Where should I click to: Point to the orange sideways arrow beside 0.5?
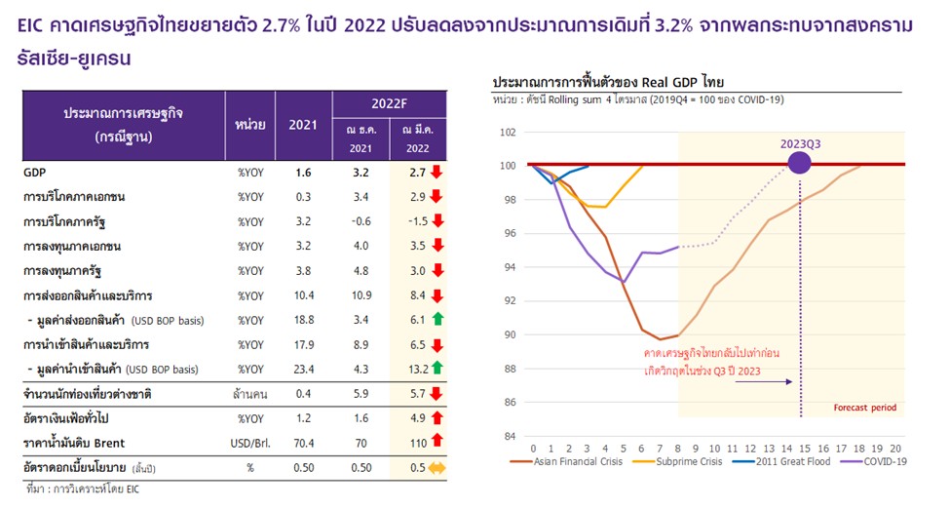tap(437, 467)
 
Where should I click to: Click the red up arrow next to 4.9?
tap(437, 418)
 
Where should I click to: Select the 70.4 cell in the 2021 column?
tap(302, 443)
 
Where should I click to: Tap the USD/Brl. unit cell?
tap(250, 443)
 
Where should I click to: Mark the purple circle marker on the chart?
tap(799, 163)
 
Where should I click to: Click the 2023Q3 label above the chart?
tap(799, 143)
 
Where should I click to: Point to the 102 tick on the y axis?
tap(509, 132)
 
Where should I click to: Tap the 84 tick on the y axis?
tap(509, 436)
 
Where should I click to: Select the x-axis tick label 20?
tap(895, 447)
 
